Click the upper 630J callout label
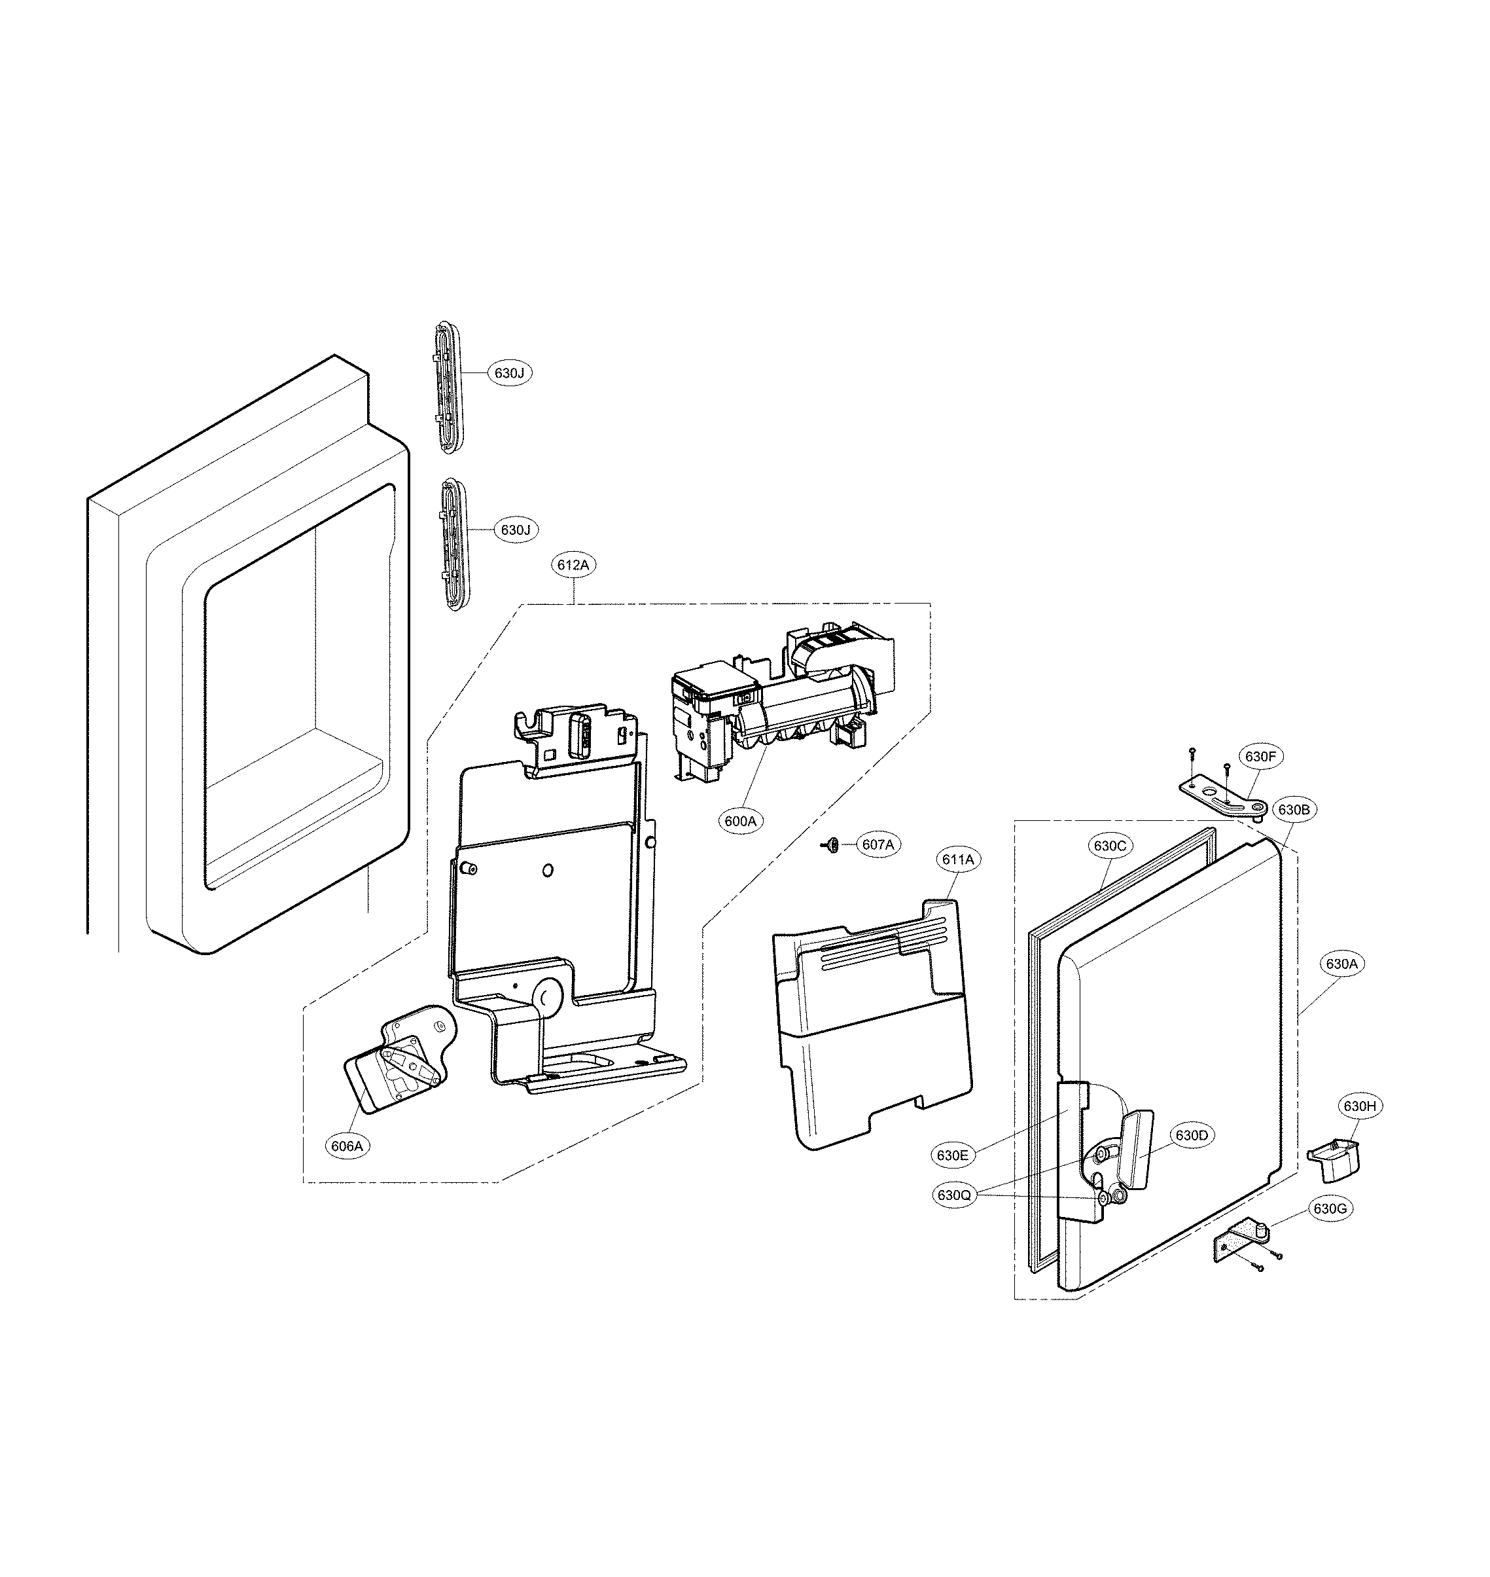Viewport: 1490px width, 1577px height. tap(509, 372)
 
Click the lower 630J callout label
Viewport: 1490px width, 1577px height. tap(516, 530)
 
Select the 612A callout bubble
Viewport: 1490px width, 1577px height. tap(573, 565)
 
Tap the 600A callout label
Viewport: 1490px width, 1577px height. tap(740, 822)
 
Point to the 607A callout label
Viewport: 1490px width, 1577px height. tap(878, 844)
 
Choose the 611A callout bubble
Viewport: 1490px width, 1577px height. tap(958, 860)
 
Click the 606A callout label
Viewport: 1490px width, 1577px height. tap(347, 1146)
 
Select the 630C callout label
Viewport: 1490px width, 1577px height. tap(1110, 846)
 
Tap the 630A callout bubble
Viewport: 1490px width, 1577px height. tap(1341, 964)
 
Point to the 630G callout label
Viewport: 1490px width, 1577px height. tap(1330, 1209)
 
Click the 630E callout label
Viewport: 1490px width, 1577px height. tap(952, 1155)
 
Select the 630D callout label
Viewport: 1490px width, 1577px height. tap(1192, 1136)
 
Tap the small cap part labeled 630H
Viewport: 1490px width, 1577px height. tap(1334, 1157)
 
